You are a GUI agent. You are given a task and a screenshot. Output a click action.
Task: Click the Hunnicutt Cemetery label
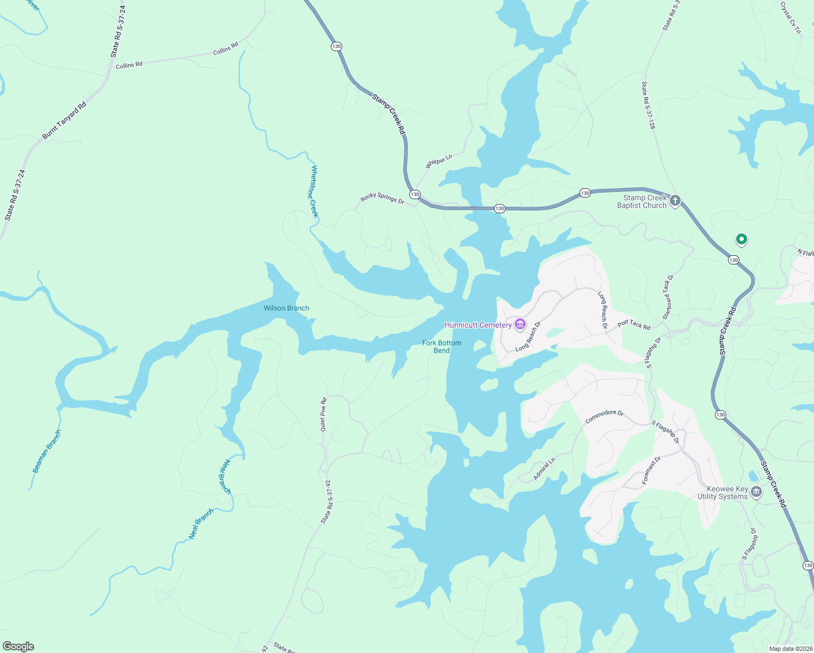(478, 325)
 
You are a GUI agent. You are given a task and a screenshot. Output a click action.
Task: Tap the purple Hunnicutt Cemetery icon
(520, 325)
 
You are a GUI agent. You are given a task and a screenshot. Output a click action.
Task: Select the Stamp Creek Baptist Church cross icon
(675, 201)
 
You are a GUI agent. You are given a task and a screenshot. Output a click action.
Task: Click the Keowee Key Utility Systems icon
(756, 492)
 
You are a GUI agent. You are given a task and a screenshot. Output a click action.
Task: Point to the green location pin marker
(741, 239)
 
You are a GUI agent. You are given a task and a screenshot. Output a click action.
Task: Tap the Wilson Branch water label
(286, 308)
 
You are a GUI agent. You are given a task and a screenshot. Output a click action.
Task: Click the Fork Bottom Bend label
(442, 347)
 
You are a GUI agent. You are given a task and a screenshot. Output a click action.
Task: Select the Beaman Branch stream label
(47, 452)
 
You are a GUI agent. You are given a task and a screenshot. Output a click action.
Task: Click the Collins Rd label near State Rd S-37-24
(129, 65)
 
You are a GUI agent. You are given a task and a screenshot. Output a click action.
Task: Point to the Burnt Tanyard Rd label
(64, 121)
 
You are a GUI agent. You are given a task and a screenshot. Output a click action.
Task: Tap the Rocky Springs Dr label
(383, 199)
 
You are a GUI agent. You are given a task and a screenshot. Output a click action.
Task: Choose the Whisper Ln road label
(439, 162)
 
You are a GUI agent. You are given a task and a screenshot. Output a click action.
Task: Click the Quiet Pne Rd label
(323, 415)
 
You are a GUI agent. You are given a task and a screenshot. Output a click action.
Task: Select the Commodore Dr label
(604, 416)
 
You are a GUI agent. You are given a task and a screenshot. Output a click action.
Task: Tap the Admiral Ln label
(544, 469)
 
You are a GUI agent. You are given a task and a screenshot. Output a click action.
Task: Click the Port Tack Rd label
(634, 325)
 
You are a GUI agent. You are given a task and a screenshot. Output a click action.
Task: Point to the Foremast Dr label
(651, 470)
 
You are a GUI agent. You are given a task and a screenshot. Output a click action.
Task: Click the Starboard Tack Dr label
(668, 297)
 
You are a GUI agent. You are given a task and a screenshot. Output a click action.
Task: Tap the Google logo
(18, 646)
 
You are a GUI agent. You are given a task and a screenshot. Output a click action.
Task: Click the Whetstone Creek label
(313, 192)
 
